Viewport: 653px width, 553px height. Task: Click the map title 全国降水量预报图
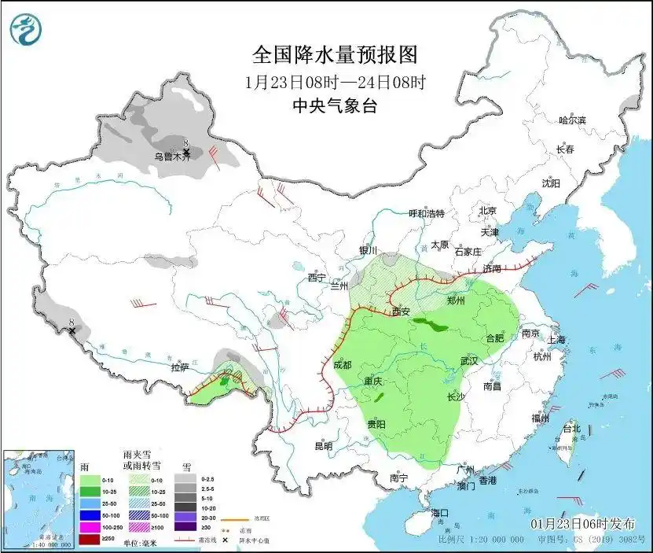coord(334,54)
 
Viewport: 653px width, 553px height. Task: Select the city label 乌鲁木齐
coord(172,157)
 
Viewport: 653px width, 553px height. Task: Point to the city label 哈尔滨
coord(572,120)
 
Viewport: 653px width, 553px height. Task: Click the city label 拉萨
coord(180,367)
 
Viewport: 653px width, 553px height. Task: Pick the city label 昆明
coord(324,446)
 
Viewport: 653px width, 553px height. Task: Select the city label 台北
coord(571,429)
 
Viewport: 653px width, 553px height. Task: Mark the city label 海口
coord(441,513)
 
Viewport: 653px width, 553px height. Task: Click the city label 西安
coord(402,312)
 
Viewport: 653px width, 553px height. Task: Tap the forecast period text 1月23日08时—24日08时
coord(335,82)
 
